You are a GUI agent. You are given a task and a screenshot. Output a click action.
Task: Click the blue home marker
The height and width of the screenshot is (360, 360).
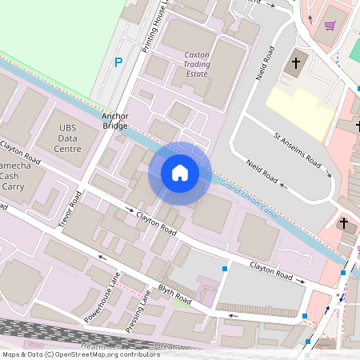180,173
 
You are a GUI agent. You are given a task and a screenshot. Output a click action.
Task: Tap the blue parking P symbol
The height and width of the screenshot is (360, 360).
119,62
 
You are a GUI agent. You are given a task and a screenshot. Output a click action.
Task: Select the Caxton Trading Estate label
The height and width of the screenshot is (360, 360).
197,65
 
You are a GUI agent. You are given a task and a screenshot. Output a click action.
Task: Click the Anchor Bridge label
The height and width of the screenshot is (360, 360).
115,120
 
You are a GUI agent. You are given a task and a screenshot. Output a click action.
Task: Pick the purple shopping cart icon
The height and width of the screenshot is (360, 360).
330,26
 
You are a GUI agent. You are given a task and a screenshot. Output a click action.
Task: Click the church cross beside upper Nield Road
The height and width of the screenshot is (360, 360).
295,62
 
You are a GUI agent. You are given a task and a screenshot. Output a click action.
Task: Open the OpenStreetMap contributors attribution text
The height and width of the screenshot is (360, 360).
80,354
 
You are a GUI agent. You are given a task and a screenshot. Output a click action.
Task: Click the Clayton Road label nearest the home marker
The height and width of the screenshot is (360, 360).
156,222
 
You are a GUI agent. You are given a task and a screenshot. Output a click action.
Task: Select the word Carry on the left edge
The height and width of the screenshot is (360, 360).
10,186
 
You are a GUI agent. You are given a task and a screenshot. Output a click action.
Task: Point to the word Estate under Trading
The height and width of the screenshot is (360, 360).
196,74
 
